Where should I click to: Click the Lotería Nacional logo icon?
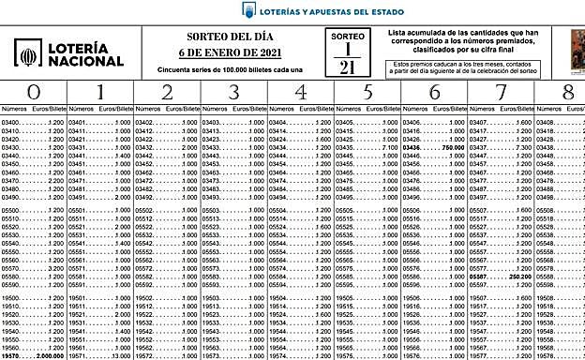tap(27, 53)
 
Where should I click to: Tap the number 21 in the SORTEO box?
tap(347, 67)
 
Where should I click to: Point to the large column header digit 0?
tap(35, 93)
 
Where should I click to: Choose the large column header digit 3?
tap(234, 93)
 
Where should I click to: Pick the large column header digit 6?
tap(434, 93)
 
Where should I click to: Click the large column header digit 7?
tap(501, 93)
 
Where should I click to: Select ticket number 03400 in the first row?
tap(11, 123)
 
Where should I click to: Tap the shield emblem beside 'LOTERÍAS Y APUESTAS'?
tap(248, 10)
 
